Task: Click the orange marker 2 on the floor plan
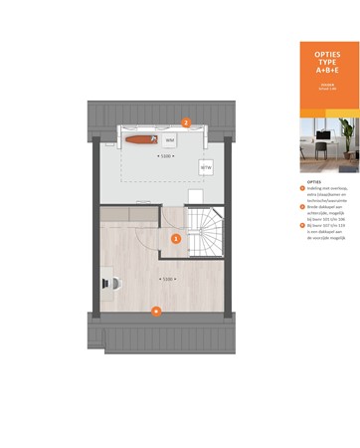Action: click(x=186, y=123)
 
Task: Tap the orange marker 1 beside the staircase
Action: click(x=176, y=238)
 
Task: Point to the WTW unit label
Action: click(x=207, y=168)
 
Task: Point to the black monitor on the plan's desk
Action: click(x=102, y=282)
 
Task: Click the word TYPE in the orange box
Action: click(x=327, y=63)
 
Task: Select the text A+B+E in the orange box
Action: click(x=327, y=72)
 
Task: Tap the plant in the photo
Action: click(x=348, y=132)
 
